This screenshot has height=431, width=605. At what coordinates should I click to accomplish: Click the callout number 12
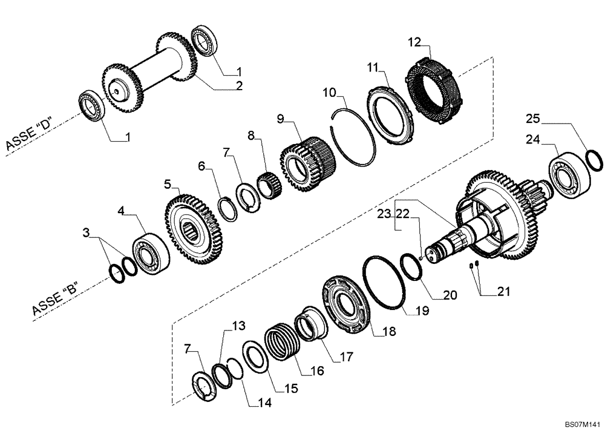tap(413, 42)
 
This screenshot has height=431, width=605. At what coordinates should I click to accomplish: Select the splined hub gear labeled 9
tap(306, 163)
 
